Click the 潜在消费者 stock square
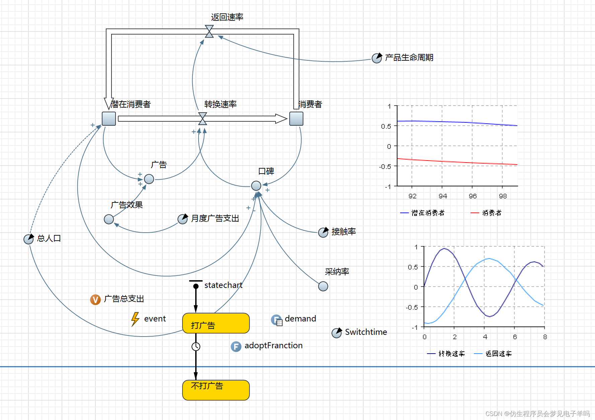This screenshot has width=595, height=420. (109, 119)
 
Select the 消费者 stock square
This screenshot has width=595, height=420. (296, 119)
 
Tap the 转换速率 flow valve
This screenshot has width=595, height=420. (203, 119)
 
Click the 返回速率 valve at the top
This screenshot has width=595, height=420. (209, 31)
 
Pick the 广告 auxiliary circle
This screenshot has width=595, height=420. (149, 179)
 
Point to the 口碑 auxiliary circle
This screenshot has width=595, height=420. (256, 185)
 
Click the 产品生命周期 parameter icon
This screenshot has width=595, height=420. (377, 58)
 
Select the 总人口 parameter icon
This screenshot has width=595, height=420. (28, 239)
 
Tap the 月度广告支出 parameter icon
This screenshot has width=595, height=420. (182, 219)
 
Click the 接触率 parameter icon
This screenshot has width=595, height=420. (323, 232)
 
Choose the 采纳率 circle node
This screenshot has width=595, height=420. (323, 286)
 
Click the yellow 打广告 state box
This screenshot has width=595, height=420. (216, 323)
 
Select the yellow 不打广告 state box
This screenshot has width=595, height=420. (216, 390)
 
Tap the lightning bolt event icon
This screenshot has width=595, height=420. (135, 319)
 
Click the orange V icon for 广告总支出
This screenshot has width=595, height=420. (95, 299)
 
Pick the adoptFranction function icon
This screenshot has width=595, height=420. (236, 346)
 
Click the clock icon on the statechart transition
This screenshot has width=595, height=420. (196, 346)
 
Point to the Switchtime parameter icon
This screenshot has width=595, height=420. (337, 333)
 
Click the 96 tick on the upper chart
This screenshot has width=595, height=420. (472, 196)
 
